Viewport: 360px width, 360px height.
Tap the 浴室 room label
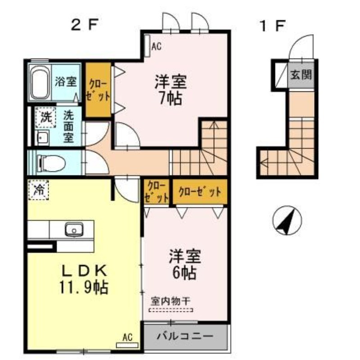click(66, 82)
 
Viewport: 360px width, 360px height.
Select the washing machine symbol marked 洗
click(45, 117)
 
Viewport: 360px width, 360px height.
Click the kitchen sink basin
click(72, 230)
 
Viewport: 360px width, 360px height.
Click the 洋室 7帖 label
click(171, 90)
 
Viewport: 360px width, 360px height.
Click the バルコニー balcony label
click(185, 336)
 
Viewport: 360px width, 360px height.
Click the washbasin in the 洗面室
click(43, 138)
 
